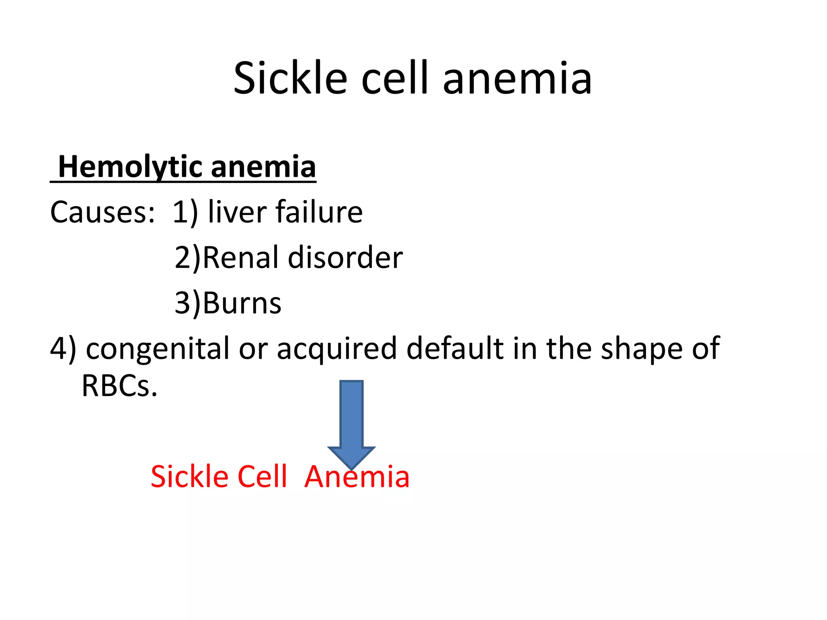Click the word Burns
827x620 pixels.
click(241, 303)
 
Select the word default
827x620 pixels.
click(455, 348)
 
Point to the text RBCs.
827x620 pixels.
click(119, 386)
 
